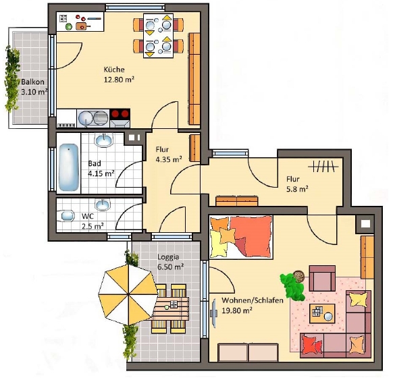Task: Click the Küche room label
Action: coord(114,70)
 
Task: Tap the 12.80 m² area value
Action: coord(119,80)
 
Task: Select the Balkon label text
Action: coord(32,82)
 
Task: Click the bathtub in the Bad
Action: coord(69,167)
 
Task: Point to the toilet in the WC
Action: coord(66,216)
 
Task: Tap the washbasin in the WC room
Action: coord(102,205)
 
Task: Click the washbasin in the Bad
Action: coord(104,140)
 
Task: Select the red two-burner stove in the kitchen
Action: coord(120,114)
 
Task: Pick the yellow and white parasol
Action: coord(128,294)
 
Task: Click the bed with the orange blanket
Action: coord(241,237)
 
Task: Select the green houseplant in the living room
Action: coord(292,286)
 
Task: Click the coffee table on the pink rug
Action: coord(322,313)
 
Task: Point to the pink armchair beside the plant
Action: coord(322,278)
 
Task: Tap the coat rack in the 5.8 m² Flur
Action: coord(323,166)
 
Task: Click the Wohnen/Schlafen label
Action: coord(253,300)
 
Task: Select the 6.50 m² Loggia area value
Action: coord(170,267)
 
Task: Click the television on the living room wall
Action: coord(214,313)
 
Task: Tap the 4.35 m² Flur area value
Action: coord(169,159)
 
